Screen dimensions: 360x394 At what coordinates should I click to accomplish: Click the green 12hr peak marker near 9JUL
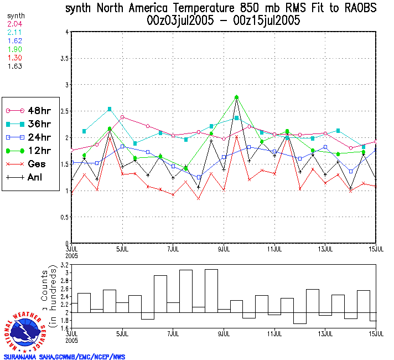(237, 97)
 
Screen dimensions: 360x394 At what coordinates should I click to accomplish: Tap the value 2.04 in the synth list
(13, 24)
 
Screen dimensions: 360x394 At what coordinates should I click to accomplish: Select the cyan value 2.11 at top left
(13, 33)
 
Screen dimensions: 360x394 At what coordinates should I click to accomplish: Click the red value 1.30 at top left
(13, 58)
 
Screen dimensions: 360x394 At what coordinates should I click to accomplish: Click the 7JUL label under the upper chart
(173, 249)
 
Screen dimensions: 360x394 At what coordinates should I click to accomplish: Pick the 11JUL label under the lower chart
(275, 335)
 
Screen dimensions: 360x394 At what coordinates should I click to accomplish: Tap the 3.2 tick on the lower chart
(63, 266)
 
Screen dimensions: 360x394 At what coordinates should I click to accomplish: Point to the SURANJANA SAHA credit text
(64, 356)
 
